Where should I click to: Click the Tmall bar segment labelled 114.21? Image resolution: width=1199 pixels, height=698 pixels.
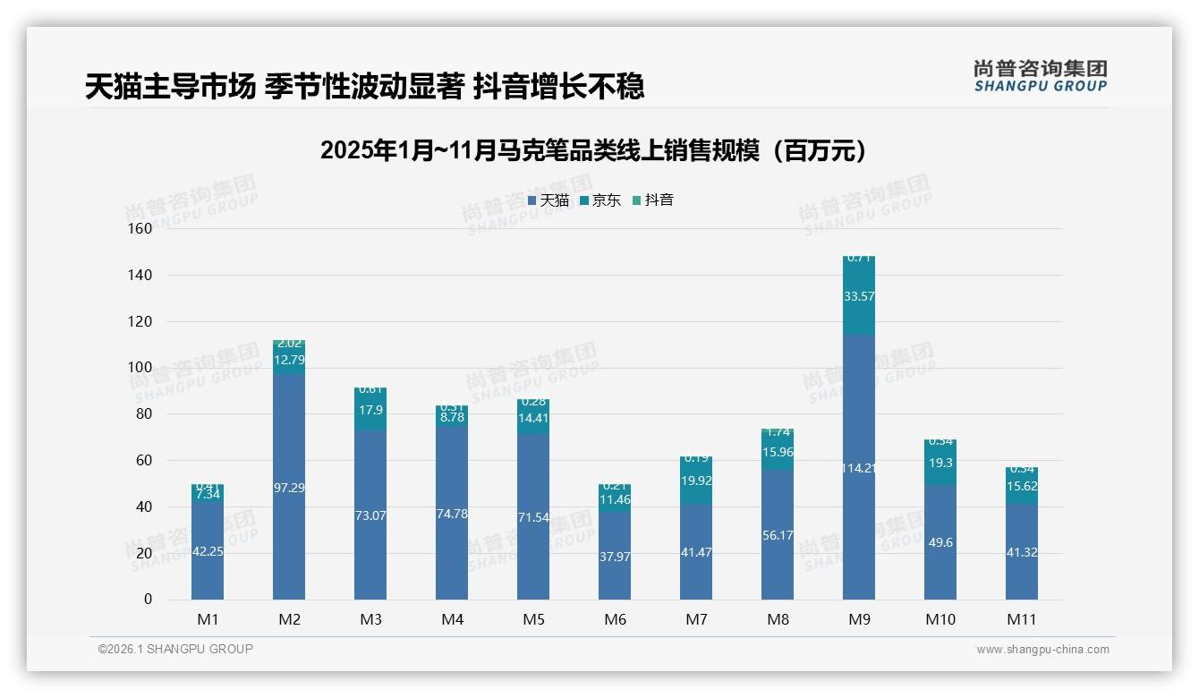pos(859,467)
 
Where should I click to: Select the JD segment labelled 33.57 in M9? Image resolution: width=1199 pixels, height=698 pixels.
pos(859,296)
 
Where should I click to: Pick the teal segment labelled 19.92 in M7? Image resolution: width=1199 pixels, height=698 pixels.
pos(696,481)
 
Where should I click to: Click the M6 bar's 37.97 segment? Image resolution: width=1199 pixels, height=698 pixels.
pos(615,555)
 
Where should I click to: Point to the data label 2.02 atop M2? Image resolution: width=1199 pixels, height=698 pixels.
pos(289,344)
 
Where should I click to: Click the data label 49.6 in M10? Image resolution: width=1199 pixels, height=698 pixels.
pos(940,542)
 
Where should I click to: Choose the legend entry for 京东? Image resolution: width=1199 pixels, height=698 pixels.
pos(600,200)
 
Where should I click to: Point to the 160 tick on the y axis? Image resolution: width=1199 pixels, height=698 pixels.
pos(140,228)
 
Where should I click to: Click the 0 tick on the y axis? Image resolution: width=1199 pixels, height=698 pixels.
pos(148,600)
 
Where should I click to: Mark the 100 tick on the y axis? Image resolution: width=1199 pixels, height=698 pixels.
pos(140,368)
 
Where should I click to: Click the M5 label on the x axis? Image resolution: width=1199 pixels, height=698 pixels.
pos(533,619)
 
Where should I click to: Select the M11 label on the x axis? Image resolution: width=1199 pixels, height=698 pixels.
pos(1022,619)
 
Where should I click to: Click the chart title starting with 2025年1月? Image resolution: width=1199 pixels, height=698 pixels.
pos(594,151)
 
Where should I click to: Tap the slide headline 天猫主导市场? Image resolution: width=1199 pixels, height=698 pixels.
pos(364,87)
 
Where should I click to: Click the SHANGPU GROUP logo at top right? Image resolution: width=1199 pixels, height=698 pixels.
pos(1040,76)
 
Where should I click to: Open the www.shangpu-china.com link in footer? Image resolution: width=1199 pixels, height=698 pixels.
pos(1042,650)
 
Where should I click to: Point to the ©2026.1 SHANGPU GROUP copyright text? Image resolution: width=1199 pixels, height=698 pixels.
pos(175,649)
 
